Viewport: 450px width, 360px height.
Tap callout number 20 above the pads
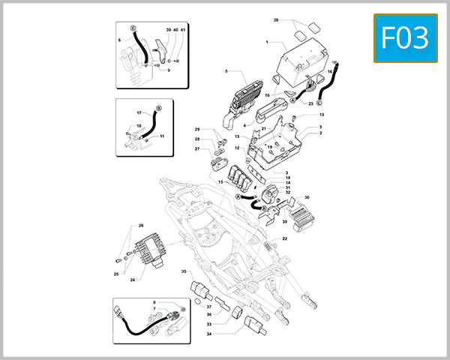click(x=276, y=19)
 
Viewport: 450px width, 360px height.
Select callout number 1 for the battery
click(x=267, y=43)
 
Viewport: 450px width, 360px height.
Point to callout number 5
click(x=225, y=71)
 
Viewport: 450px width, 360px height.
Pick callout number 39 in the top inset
click(x=168, y=29)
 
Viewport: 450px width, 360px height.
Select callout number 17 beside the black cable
click(x=139, y=113)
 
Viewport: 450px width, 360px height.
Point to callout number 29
click(x=198, y=130)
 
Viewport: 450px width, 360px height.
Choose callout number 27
click(x=198, y=149)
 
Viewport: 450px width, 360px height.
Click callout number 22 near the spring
click(x=284, y=238)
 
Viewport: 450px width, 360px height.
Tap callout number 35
click(x=184, y=271)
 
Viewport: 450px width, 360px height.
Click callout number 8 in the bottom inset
click(x=154, y=301)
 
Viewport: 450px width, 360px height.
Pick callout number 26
click(x=140, y=226)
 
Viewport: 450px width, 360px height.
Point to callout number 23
click(x=310, y=103)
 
